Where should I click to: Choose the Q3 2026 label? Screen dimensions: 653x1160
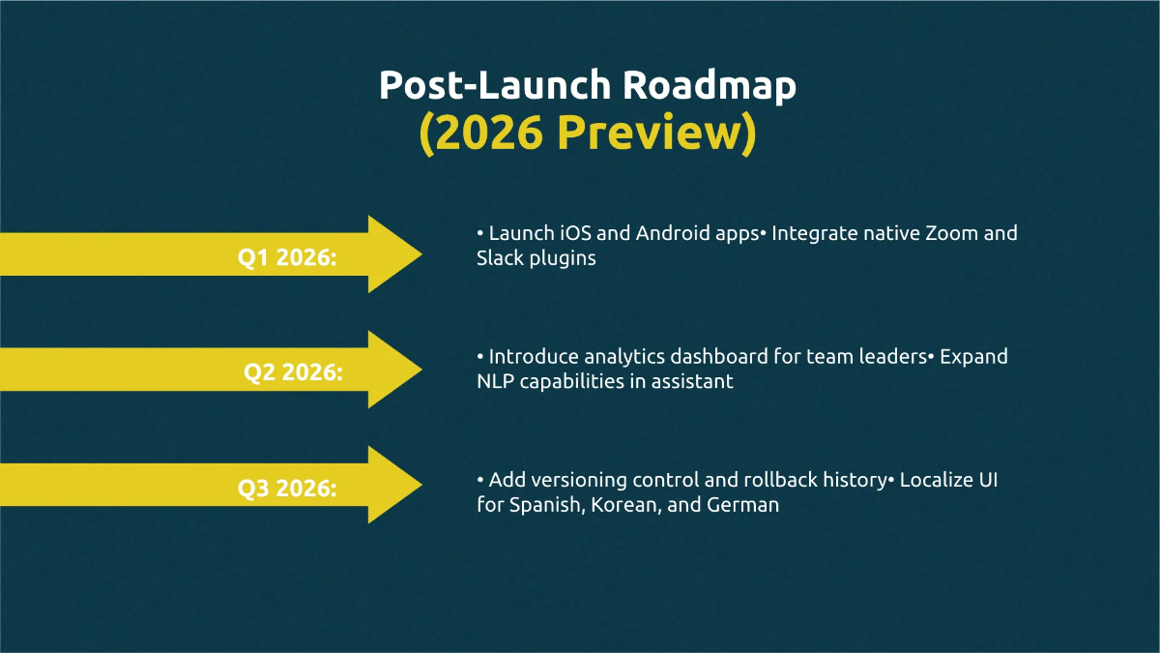point(287,489)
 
